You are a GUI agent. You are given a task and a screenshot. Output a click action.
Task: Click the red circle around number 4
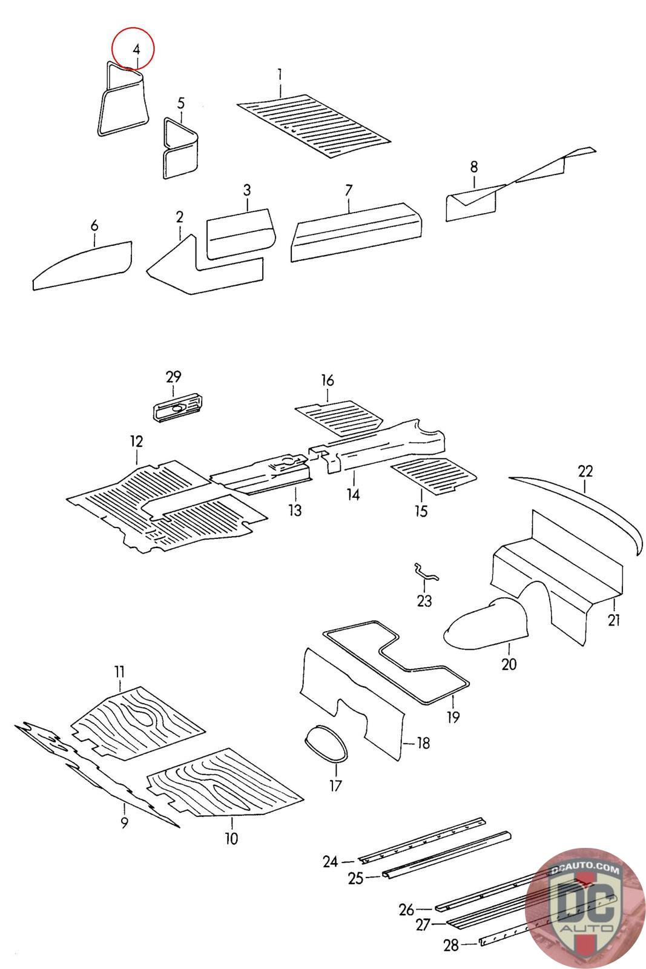point(134,47)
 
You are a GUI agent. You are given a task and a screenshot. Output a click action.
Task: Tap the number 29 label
point(174,377)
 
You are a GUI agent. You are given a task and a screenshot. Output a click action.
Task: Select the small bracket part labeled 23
point(425,572)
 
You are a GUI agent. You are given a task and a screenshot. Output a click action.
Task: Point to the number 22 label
point(585,471)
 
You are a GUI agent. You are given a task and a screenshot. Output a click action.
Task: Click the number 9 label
point(124,823)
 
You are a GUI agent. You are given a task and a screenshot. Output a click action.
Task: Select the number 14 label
point(354,495)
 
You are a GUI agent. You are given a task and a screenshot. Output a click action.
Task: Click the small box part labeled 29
point(177,406)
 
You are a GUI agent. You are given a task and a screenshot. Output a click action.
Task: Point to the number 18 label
point(423,742)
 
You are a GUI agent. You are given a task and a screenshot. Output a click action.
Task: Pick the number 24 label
point(330,861)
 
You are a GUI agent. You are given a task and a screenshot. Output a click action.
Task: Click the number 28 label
point(450,945)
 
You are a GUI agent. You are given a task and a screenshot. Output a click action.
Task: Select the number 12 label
point(136,441)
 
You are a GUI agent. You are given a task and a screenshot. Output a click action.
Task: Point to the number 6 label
point(94,226)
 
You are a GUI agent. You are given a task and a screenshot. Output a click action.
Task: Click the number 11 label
point(119,671)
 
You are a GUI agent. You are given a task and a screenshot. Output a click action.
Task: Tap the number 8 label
point(473,166)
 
